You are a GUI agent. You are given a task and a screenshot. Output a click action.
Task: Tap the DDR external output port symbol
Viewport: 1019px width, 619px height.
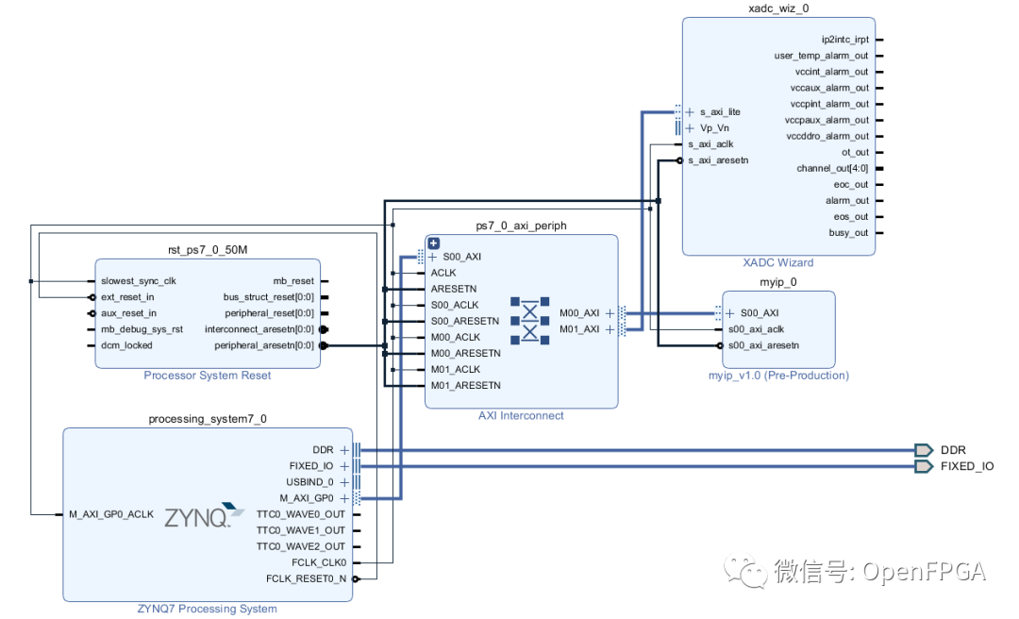[924, 450]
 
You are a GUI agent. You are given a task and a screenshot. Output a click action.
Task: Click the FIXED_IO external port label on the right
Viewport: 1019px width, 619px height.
[966, 466]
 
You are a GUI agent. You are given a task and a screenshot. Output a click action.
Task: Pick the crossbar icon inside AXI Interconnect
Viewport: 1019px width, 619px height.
[530, 320]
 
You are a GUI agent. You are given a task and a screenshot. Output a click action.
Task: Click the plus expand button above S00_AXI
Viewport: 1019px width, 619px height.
[434, 243]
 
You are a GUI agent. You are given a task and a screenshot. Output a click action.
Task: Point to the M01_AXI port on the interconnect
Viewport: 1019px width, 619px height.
[579, 329]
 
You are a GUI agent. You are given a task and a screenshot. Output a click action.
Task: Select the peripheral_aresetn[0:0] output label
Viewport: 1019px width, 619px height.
[264, 345]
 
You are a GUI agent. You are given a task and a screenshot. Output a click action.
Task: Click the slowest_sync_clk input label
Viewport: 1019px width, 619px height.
[138, 281]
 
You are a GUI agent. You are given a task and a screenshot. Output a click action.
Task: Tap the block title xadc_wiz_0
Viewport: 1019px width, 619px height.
[777, 8]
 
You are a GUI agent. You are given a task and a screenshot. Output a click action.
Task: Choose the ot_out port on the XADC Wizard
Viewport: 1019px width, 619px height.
[855, 152]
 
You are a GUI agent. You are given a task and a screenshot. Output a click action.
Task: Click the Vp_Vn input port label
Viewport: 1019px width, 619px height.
[714, 127]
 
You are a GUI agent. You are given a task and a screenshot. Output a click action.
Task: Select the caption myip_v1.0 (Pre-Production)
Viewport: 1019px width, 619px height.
[778, 376]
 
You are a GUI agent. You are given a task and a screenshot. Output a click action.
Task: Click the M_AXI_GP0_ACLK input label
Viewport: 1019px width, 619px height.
[111, 514]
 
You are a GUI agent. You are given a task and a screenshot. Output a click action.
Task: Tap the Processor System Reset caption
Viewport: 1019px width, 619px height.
[207, 376]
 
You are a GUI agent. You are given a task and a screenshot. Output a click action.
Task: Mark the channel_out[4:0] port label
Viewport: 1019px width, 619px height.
[832, 168]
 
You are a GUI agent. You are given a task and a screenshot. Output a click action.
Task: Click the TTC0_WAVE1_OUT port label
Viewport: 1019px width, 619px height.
[301, 530]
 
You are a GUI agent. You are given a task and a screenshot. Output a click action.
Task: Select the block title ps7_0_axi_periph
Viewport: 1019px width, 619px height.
[521, 226]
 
